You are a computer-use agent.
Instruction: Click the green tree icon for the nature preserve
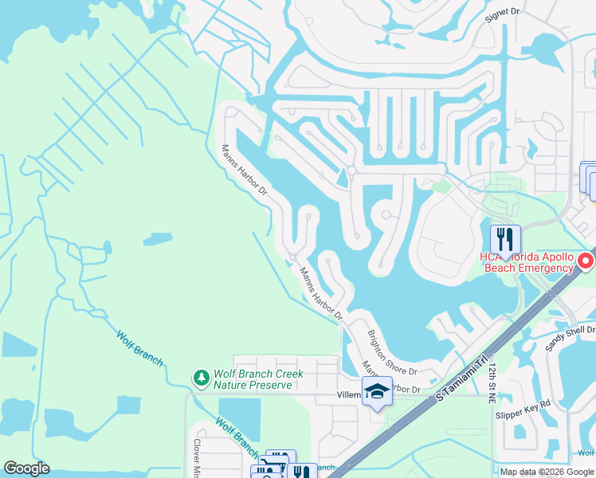click(202, 375)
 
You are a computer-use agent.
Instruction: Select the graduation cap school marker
click(377, 391)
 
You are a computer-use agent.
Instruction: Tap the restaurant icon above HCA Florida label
click(505, 238)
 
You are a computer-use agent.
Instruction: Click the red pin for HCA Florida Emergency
click(586, 261)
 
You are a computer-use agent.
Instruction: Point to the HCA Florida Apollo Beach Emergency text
click(526, 262)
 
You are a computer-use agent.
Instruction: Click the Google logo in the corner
click(26, 468)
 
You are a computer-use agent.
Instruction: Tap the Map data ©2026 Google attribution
click(547, 472)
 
